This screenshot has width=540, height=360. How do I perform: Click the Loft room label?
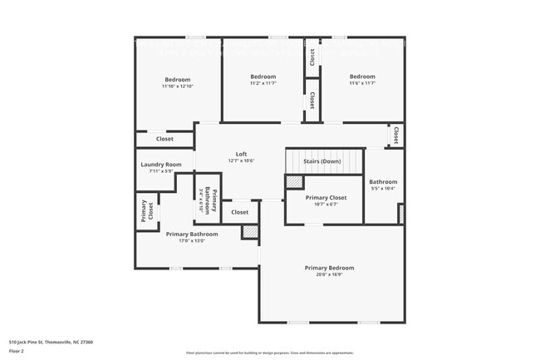241,154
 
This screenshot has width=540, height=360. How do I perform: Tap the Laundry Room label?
160,165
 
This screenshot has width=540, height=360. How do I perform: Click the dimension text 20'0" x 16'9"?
329,274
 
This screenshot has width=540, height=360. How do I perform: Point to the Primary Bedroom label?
329,268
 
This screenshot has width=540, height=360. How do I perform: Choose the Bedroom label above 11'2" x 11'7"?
263,76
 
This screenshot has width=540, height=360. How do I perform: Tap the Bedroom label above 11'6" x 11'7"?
362,76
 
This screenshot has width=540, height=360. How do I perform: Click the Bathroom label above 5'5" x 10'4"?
383,181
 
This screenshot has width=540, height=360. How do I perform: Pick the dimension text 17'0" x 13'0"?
191,241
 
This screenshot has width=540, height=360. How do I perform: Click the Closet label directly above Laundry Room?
164,139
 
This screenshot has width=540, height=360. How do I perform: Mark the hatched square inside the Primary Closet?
294,181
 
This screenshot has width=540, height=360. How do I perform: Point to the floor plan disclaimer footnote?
269,353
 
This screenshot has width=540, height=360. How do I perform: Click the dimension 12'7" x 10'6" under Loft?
241,160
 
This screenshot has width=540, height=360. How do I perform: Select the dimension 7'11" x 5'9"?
160,171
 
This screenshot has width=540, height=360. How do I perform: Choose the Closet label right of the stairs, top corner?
395,135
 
